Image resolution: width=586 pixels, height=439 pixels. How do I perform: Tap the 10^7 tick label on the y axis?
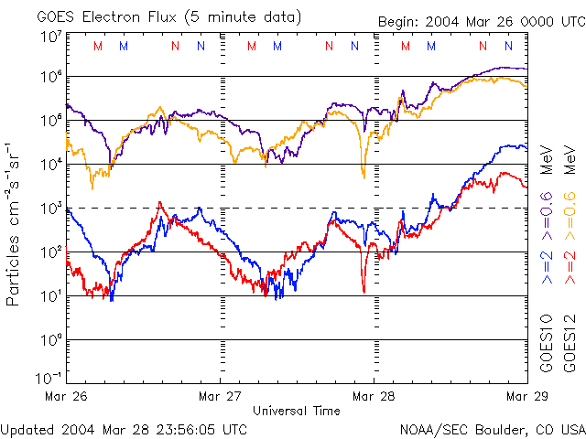pos(51,37)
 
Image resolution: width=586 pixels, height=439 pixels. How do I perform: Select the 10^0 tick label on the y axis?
pos(51,338)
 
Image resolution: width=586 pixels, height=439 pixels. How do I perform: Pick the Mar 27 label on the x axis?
pos(220,396)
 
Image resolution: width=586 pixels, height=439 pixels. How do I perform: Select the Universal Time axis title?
pos(296,411)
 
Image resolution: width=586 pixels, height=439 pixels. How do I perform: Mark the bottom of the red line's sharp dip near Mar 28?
pos(364,291)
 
